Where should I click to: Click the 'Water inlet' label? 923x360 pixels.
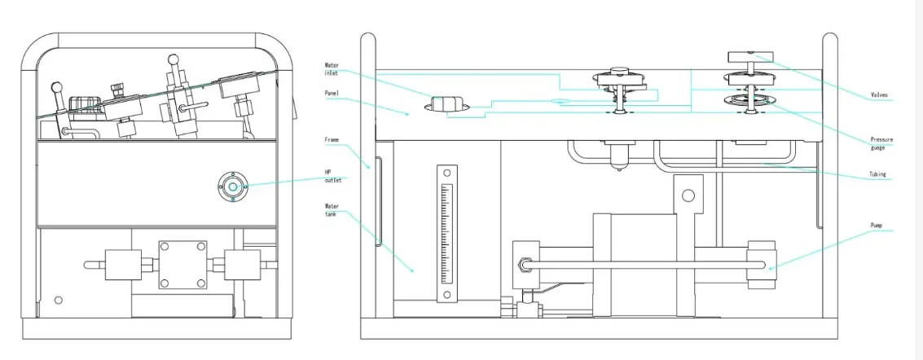pyautogui.click(x=332, y=69)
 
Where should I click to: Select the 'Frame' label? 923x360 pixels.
pyautogui.click(x=331, y=140)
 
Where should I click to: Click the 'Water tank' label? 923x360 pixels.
pyautogui.click(x=332, y=211)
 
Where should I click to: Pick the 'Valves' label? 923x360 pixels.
pyautogui.click(x=881, y=95)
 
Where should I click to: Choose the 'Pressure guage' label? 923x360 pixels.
pyautogui.click(x=881, y=143)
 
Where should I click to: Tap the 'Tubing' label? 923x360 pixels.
pyautogui.click(x=878, y=174)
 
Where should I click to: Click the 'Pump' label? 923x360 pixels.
pyautogui.click(x=877, y=225)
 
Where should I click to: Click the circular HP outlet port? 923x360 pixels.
pyautogui.click(x=233, y=187)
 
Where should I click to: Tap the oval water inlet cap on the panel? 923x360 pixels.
pyautogui.click(x=446, y=104)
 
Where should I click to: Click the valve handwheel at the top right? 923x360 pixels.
pyautogui.click(x=749, y=56)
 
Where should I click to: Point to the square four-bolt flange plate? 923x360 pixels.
pyautogui.click(x=182, y=265)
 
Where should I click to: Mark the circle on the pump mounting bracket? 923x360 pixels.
pyautogui.click(x=688, y=195)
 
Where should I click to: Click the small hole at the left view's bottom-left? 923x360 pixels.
pyautogui.click(x=58, y=300)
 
